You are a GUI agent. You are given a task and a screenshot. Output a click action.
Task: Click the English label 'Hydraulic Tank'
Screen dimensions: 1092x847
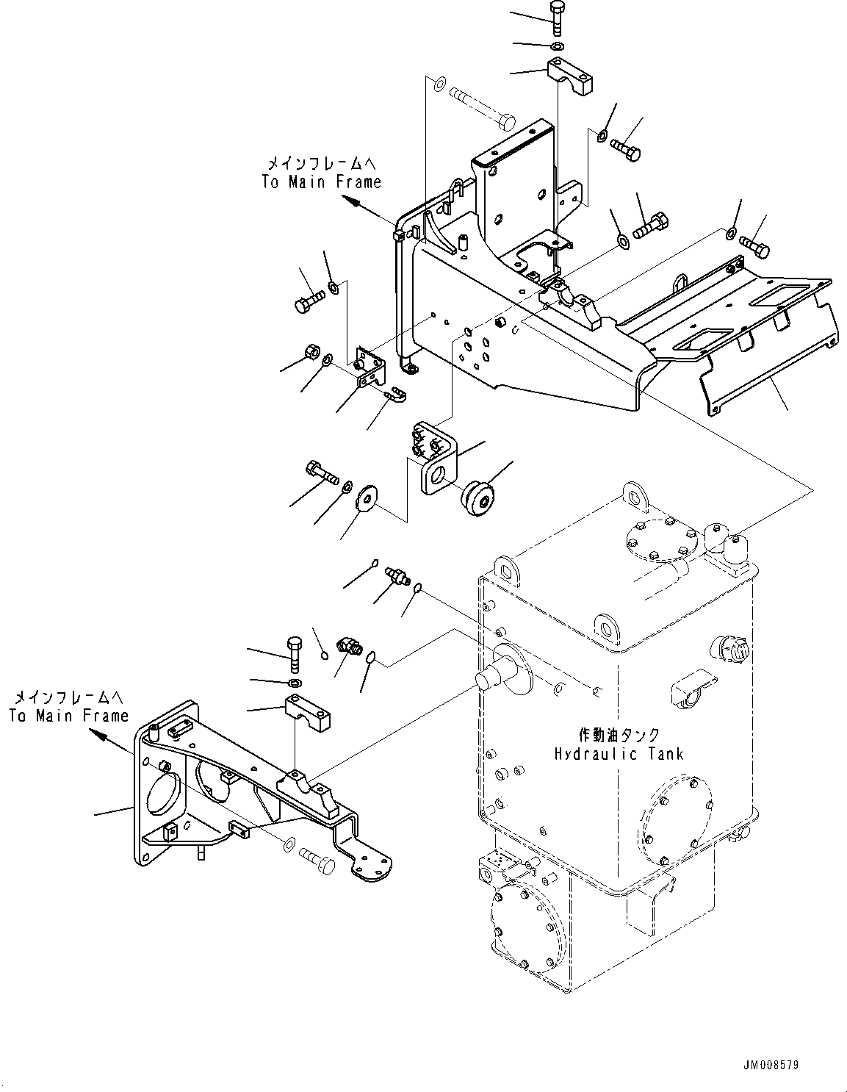tap(619, 753)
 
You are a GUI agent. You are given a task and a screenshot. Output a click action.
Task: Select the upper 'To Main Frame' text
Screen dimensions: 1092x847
tap(322, 182)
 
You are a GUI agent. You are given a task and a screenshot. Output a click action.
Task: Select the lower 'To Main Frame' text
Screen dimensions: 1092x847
tap(69, 715)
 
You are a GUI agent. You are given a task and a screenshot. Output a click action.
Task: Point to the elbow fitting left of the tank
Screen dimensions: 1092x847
tap(347, 646)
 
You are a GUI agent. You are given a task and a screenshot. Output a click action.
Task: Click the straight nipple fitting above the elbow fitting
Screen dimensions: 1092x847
tap(397, 577)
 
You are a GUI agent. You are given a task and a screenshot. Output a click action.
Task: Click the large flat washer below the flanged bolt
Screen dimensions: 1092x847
tap(365, 500)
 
